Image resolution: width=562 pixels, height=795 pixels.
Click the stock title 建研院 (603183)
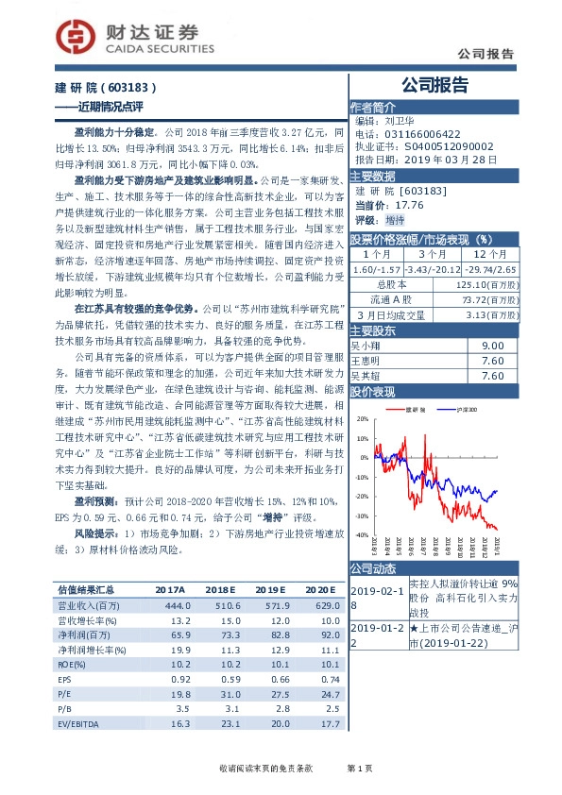[x=114, y=87]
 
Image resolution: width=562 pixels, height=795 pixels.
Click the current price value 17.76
[x=409, y=203]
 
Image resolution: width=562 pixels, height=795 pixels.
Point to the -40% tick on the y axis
[x=362, y=535]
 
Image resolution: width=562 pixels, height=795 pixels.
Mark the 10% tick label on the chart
[x=362, y=435]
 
